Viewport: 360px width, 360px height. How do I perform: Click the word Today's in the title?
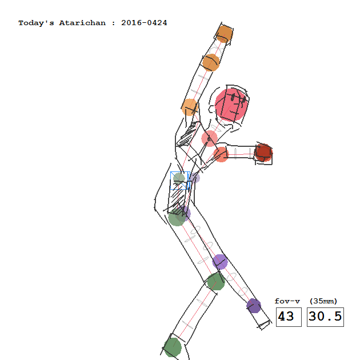coord(36,23)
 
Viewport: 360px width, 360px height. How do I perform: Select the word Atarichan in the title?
coord(82,23)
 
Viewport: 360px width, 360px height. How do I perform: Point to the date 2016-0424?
coord(144,23)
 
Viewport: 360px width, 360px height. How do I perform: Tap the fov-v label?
coord(287,301)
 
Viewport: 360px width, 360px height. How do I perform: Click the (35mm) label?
coord(323,301)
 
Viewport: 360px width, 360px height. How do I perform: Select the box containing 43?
coord(289,317)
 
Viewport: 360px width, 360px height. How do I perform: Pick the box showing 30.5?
coord(325,317)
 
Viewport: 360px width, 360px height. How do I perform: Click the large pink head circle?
coord(231,105)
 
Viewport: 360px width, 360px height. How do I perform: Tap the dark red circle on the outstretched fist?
coord(264,153)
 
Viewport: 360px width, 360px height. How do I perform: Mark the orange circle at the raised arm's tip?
coord(225,34)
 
